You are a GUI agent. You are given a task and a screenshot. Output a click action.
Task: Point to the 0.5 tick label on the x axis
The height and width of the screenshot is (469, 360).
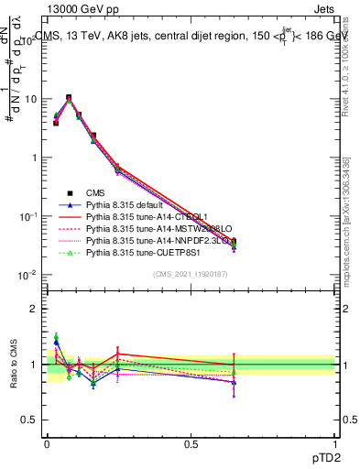pyautogui.click(x=191, y=443)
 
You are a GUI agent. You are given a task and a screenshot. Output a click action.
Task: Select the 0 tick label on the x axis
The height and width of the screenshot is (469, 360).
pyautogui.click(x=47, y=443)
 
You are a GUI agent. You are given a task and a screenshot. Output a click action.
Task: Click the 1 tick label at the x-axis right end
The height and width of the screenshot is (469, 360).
pyautogui.click(x=334, y=443)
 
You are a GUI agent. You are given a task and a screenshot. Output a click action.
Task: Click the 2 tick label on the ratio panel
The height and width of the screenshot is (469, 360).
pyautogui.click(x=35, y=309)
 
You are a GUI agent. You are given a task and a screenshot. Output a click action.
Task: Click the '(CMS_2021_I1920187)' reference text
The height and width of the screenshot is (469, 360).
pyautogui.click(x=190, y=274)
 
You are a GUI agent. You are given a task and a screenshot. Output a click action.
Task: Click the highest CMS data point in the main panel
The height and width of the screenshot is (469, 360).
pyautogui.click(x=69, y=98)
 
